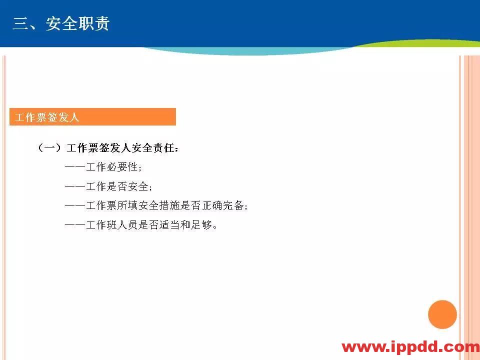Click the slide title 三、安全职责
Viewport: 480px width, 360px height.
click(61, 23)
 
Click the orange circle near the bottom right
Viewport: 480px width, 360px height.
click(442, 314)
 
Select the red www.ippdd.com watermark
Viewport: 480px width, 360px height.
click(410, 347)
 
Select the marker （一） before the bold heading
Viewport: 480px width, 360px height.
click(49, 148)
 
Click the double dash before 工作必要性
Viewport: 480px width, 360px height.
click(75, 167)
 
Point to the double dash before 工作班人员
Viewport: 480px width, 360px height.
click(75, 225)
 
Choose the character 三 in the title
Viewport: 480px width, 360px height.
click(20, 23)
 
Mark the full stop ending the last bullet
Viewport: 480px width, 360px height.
click(215, 226)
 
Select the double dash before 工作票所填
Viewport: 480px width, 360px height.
click(75, 205)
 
